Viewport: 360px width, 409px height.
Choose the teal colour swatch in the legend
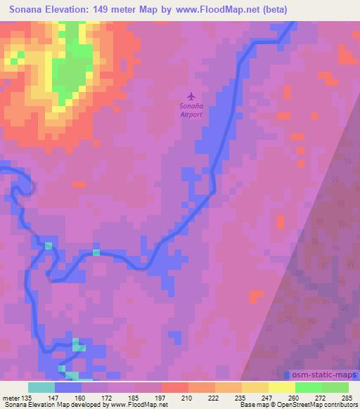[x=41, y=387]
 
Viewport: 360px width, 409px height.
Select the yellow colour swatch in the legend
[x=281, y=387]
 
